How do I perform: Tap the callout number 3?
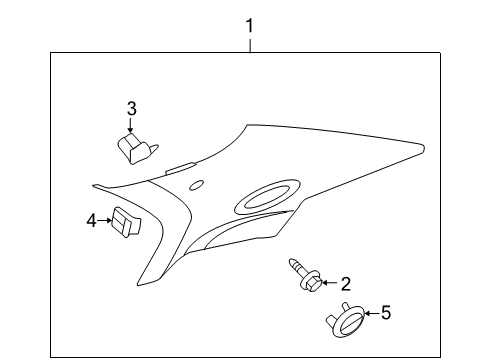tap(130, 109)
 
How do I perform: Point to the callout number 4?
tap(91, 220)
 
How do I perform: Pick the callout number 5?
tap(386, 313)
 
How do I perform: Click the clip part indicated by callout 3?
tap(135, 149)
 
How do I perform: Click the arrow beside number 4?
tap(105, 220)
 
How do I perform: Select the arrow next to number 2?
tap(329, 283)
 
